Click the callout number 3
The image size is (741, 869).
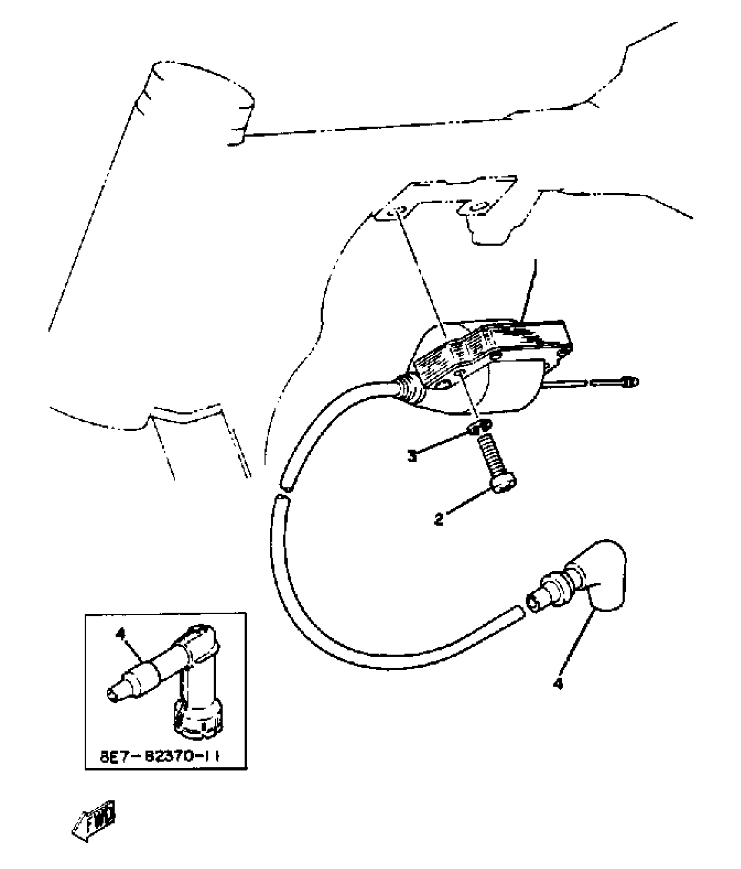click(412, 456)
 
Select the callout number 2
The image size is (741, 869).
click(438, 519)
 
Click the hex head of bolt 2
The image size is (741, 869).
click(505, 483)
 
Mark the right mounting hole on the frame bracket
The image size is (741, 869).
click(479, 208)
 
